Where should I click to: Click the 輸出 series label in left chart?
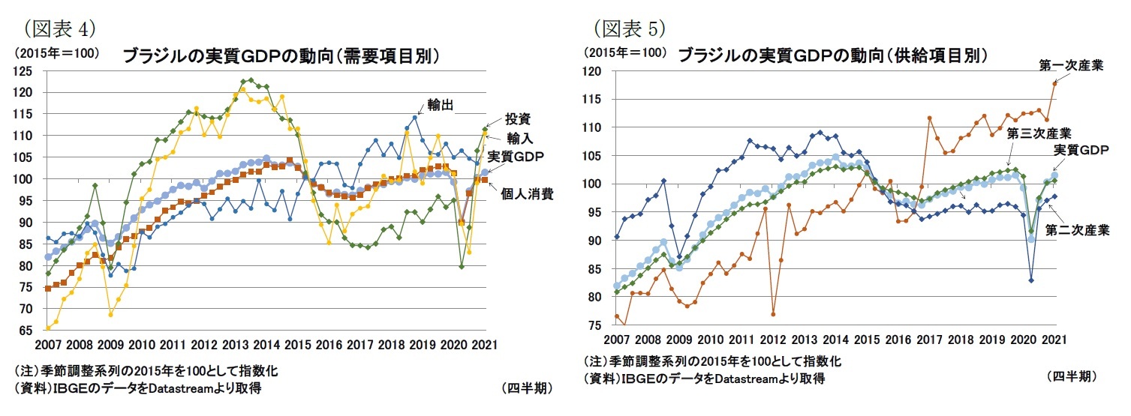click(x=441, y=104)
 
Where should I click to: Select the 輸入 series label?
click(x=519, y=138)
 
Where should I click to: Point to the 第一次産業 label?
click(x=1071, y=66)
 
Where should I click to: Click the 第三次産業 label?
click(x=1039, y=133)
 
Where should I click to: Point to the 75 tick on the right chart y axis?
click(x=595, y=325)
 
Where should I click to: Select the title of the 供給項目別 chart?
click(x=832, y=55)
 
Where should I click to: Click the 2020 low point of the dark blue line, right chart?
click(x=1032, y=280)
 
